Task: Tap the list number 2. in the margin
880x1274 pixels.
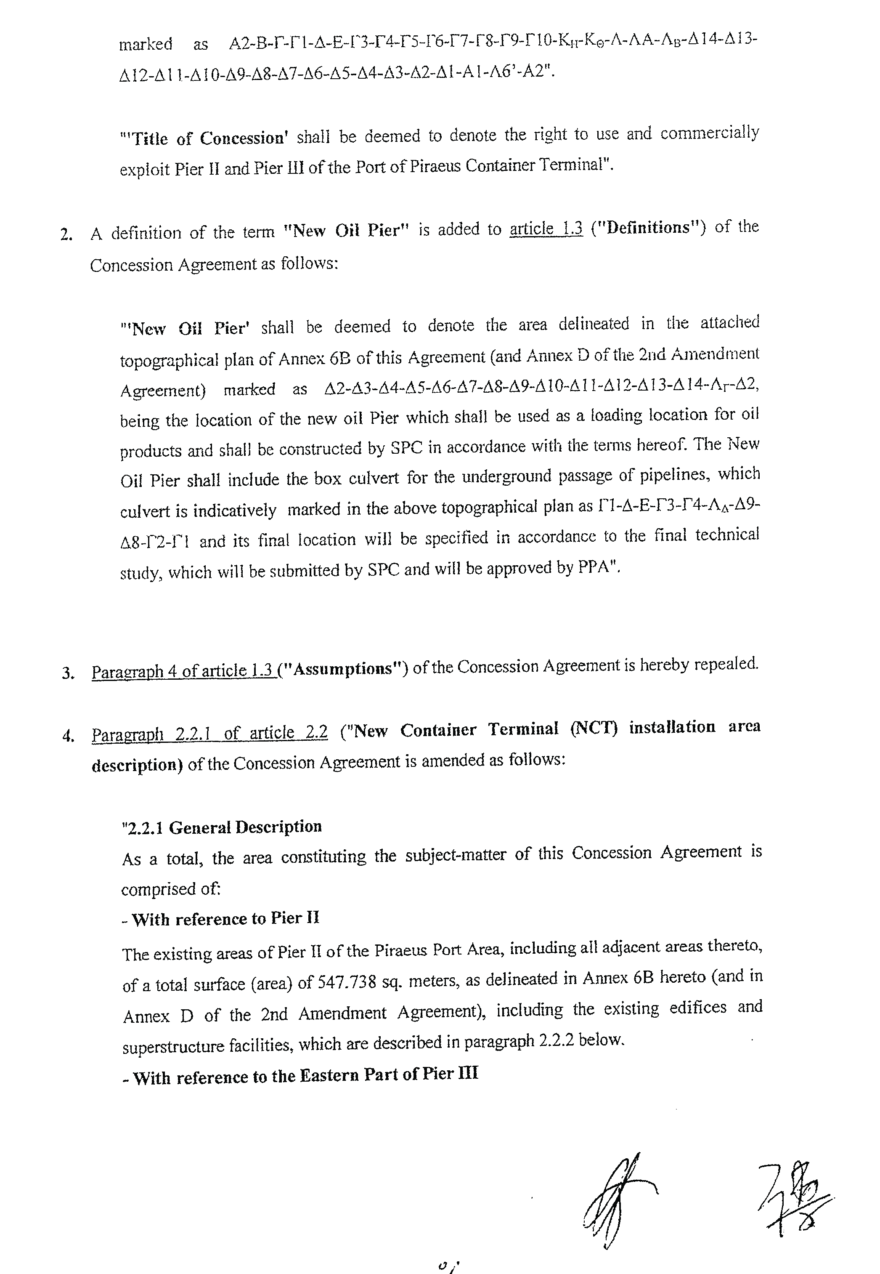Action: click(x=66, y=235)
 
